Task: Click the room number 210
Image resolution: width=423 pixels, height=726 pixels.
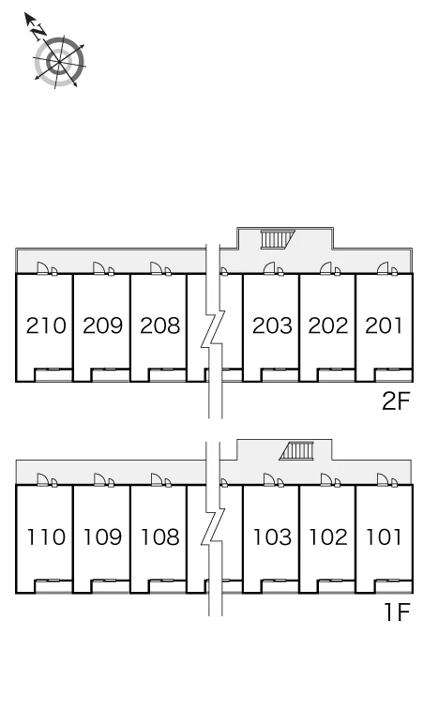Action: point(46,325)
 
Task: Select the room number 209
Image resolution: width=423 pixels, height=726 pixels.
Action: point(103,325)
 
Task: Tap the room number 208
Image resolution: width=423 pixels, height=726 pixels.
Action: point(159,325)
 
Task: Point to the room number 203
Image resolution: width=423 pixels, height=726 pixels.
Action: point(272,325)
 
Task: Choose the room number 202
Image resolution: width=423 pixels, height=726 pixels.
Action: point(328,325)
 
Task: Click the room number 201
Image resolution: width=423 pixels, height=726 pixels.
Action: point(384,325)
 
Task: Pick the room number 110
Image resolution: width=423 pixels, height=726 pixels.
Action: point(46,537)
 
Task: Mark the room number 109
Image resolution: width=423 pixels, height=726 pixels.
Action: point(103,537)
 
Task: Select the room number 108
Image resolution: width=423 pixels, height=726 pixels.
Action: point(159,537)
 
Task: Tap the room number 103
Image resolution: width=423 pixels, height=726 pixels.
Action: point(272,537)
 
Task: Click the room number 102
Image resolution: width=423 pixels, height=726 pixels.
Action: point(328,537)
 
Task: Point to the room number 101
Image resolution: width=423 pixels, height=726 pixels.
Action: point(384,537)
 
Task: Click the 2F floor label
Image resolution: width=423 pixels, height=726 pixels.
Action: point(396,401)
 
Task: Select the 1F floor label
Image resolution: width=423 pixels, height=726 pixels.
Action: point(397,613)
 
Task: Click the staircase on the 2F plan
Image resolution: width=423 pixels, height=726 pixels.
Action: point(278,240)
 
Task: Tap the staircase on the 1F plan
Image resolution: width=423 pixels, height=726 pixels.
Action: point(296,451)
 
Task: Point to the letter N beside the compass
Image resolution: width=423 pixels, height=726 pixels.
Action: point(38,32)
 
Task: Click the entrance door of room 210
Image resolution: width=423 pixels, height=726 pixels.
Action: point(42,268)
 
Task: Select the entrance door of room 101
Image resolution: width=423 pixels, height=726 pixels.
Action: point(383,479)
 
